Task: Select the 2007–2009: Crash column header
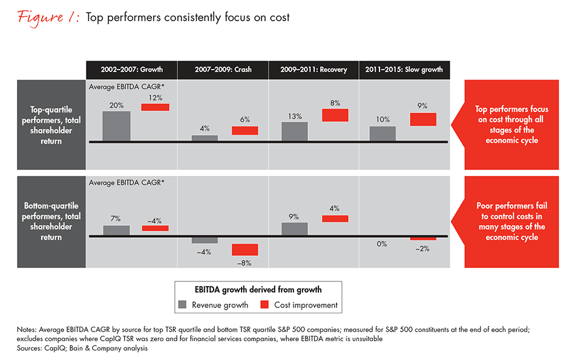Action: pyautogui.click(x=223, y=70)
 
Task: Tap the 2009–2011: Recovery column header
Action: pyautogui.click(x=314, y=70)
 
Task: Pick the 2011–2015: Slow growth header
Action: pyautogui.click(x=404, y=70)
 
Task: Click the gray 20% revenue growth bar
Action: pyautogui.click(x=116, y=126)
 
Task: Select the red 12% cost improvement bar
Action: pyautogui.click(x=155, y=107)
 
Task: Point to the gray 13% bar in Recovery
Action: pyautogui.click(x=295, y=131)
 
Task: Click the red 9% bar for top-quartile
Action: pyautogui.click(x=423, y=119)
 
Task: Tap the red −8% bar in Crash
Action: pyautogui.click(x=245, y=249)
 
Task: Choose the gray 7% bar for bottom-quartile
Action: pyautogui.click(x=116, y=230)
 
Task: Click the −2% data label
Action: pyautogui.click(x=423, y=249)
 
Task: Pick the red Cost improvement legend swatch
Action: pyautogui.click(x=264, y=305)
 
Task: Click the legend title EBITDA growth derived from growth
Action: pyautogui.click(x=257, y=289)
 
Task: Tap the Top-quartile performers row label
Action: pyautogui.click(x=51, y=125)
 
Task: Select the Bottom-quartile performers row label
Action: pyautogui.click(x=51, y=221)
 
